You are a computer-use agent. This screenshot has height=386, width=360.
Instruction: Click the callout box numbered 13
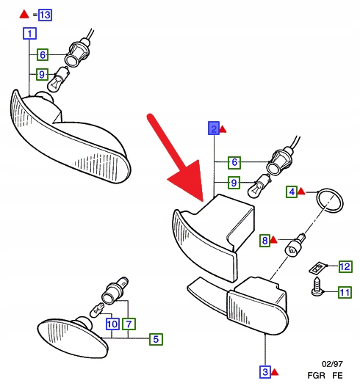click(x=45, y=15)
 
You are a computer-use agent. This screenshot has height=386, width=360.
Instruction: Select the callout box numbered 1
click(x=29, y=34)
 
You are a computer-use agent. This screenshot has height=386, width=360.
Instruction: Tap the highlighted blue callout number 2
click(x=214, y=128)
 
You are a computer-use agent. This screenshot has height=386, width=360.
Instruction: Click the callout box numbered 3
click(x=265, y=372)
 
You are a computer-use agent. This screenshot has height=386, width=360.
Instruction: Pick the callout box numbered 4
click(x=292, y=192)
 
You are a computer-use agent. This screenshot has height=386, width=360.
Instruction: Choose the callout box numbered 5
click(x=156, y=339)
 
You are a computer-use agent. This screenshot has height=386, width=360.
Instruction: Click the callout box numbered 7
click(x=129, y=324)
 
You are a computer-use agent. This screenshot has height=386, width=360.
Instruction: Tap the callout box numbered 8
click(x=265, y=241)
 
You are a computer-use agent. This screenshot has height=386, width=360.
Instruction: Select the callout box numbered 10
click(x=112, y=324)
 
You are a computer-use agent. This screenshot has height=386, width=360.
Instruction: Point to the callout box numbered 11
click(x=345, y=293)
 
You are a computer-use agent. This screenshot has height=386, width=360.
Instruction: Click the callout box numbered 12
click(x=345, y=266)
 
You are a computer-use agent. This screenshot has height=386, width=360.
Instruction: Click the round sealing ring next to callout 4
click(x=330, y=200)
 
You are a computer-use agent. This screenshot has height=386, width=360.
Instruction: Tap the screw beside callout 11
click(x=318, y=287)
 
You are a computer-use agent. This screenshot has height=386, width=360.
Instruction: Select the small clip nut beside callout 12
click(x=317, y=268)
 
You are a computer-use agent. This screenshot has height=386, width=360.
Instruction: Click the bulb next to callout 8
click(x=295, y=246)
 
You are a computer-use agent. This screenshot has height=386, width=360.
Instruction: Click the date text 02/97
click(x=332, y=364)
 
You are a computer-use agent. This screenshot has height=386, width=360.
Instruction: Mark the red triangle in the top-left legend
click(x=24, y=14)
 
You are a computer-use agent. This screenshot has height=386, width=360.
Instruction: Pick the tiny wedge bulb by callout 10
click(x=97, y=310)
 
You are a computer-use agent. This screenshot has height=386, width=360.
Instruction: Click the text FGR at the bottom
click(x=316, y=376)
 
